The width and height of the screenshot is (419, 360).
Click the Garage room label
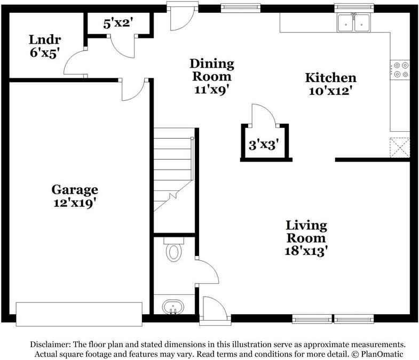[75, 189]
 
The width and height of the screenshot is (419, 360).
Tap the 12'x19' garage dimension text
[75, 203]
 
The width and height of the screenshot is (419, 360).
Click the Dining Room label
[212, 70]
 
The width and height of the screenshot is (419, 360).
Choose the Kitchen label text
[330, 77]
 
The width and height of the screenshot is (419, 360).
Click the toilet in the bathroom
[173, 252]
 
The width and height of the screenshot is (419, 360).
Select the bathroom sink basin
[173, 307]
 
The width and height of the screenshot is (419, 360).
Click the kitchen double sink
[353, 22]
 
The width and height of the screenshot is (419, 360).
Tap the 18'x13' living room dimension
[306, 251]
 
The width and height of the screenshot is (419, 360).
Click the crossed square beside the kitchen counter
[399, 146]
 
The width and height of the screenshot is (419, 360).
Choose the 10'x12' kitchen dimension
[330, 91]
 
